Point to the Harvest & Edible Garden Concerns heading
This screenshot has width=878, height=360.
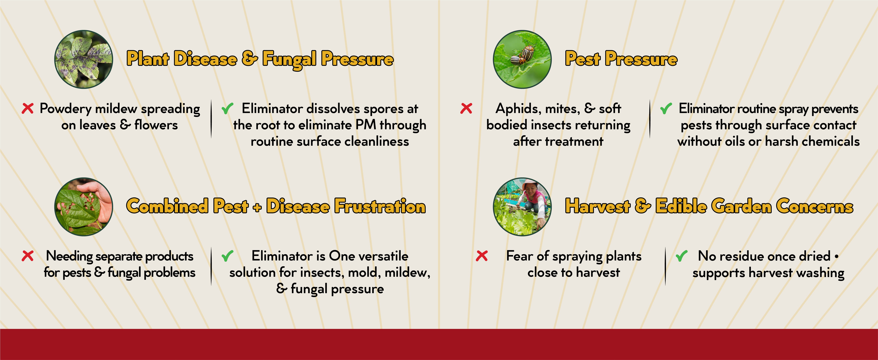[x=709, y=206]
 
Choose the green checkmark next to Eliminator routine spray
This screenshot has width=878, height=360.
[x=666, y=109]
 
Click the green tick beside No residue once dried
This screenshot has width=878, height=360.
[x=681, y=256]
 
